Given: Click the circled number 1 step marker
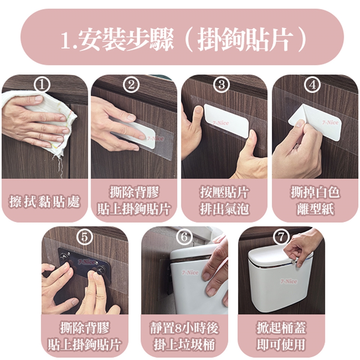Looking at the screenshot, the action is click(x=42, y=85).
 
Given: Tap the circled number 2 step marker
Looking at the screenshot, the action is click(x=131, y=85).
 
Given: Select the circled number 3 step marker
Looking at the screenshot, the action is click(x=221, y=84).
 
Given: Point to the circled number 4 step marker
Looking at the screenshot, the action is click(x=312, y=85).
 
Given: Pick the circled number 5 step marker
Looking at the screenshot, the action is click(x=85, y=237).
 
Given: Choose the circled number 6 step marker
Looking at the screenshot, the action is click(x=184, y=237).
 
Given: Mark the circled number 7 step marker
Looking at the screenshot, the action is click(x=281, y=237).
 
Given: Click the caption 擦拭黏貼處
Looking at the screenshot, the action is click(x=44, y=201).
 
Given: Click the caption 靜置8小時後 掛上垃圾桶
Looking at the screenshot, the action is click(x=184, y=336).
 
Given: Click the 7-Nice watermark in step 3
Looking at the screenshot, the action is click(x=220, y=123).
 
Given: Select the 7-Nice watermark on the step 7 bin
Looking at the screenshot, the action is click(x=289, y=281).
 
